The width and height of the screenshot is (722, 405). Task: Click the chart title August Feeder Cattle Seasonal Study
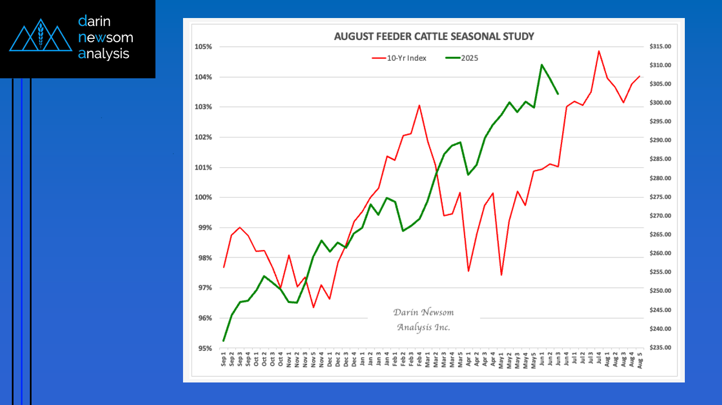[434, 37]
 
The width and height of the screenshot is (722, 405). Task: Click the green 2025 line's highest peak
[542, 65]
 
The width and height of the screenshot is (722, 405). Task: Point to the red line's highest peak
[599, 51]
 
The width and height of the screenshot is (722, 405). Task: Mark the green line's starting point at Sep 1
[224, 341]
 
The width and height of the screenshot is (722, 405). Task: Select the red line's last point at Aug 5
[639, 76]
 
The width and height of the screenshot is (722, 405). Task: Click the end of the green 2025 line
[558, 94]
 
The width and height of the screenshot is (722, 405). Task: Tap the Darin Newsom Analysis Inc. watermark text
[424, 320]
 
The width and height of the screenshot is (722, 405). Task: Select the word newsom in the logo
[106, 38]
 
